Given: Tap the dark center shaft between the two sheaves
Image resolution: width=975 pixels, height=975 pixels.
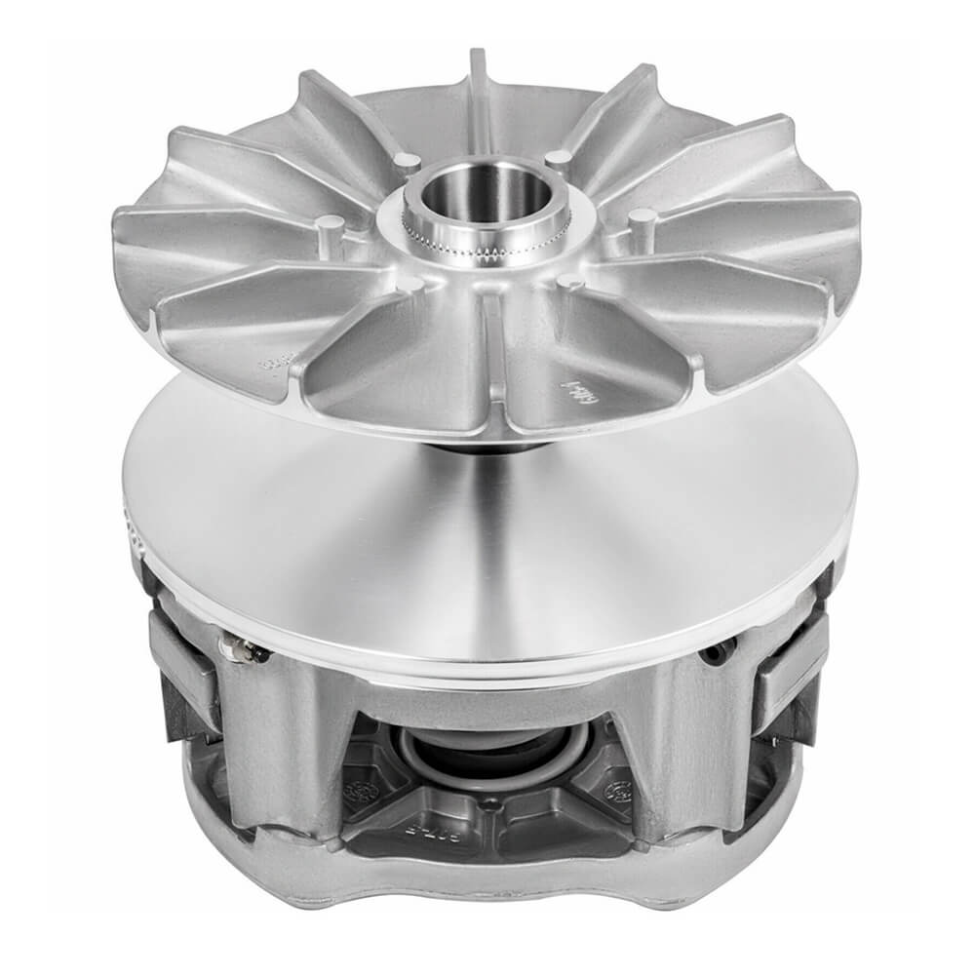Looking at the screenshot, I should tap(478, 450).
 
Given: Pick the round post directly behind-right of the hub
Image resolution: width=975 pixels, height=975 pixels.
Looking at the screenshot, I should tap(557, 157).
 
